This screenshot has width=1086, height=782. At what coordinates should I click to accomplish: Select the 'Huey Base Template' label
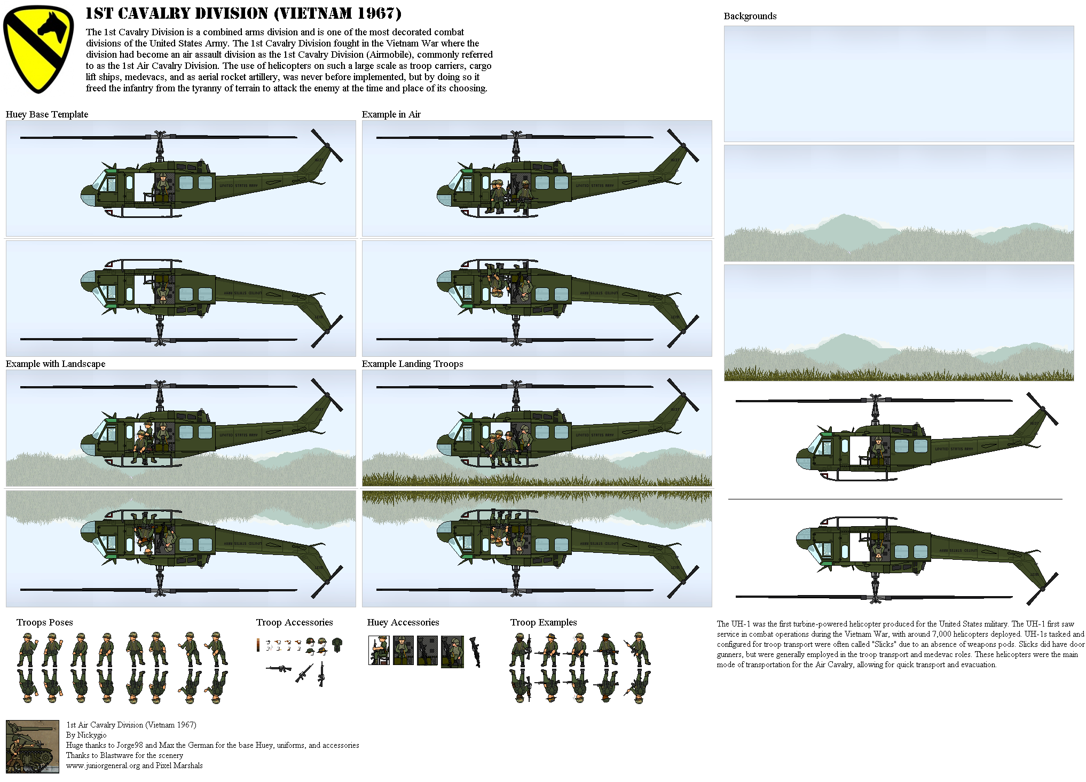(x=47, y=114)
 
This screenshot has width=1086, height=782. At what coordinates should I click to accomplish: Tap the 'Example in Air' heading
(x=391, y=114)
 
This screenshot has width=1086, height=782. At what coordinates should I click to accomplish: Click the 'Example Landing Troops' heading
(x=412, y=364)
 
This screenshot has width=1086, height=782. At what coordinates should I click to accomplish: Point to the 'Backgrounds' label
(x=750, y=16)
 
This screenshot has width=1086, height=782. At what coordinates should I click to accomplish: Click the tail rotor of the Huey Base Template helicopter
(x=327, y=145)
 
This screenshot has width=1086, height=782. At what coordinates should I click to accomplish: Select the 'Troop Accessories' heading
(x=294, y=622)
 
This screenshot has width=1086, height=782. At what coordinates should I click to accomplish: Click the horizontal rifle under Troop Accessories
(x=278, y=668)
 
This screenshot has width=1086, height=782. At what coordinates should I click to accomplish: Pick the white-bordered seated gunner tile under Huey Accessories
(x=379, y=650)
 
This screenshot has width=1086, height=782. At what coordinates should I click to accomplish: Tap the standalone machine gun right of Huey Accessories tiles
(x=475, y=651)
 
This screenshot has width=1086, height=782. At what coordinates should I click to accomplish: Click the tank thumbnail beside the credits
(x=32, y=746)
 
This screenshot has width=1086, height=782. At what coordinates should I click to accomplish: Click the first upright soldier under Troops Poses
(x=27, y=650)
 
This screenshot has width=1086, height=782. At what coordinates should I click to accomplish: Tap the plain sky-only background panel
(x=898, y=83)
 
